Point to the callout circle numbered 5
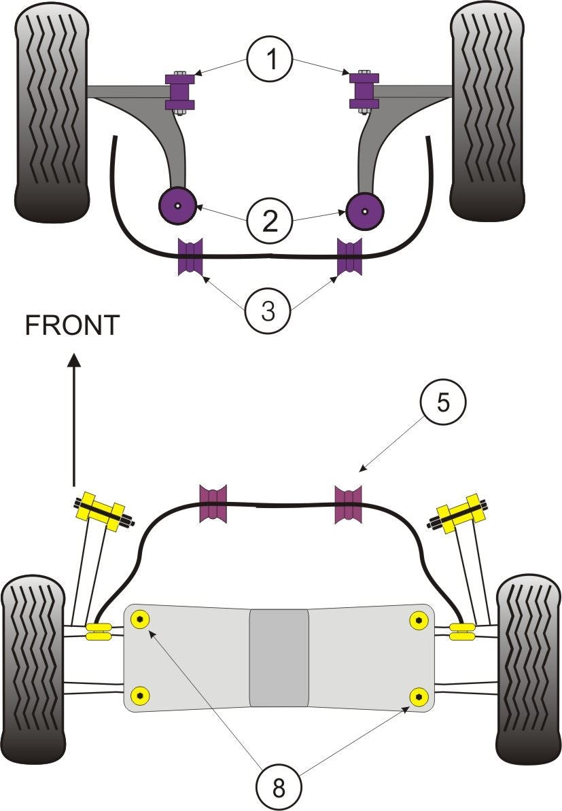point(442,403)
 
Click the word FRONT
point(72,325)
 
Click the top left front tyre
point(51,112)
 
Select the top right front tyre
point(487,112)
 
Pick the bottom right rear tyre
point(529,669)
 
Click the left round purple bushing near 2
point(177,204)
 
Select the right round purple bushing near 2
point(365,209)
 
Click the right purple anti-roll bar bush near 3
point(351,257)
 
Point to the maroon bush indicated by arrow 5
point(348,504)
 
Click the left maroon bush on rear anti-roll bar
point(212,504)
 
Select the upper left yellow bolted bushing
point(101,513)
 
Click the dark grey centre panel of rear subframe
point(279,657)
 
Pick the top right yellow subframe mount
point(419,619)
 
